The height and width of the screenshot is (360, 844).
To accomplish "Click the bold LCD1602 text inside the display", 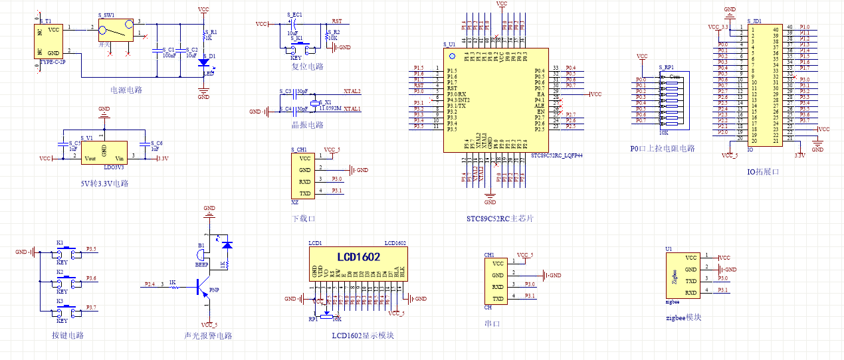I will pos(358,256).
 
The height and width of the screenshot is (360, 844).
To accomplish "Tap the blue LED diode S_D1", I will pos(204,62).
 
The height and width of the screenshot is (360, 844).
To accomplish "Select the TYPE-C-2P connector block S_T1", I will pos(48,41).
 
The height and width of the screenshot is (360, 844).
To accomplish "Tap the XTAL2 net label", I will pos(352,91).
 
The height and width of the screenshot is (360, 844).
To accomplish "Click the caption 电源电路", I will pos(126,90).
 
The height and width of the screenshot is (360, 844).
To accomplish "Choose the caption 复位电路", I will pos(307,67).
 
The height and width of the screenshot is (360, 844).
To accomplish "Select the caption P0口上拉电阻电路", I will pos(663,148).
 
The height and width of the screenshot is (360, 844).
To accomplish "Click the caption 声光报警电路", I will pos(208,335).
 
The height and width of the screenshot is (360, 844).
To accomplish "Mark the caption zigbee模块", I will pos(683,317).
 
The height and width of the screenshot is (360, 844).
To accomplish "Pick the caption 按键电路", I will pos(68,335).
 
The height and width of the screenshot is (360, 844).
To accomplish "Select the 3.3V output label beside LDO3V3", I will pos(162,158).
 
